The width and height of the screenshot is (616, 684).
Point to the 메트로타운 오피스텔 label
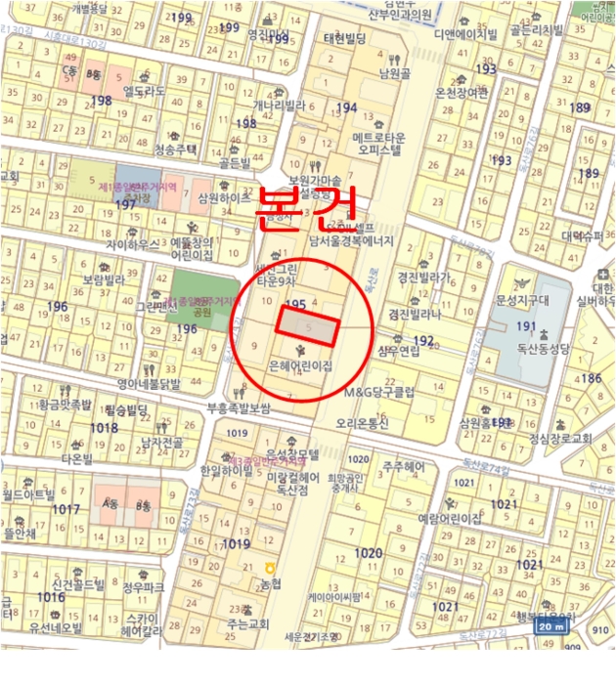377,143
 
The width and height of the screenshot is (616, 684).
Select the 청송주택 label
176,150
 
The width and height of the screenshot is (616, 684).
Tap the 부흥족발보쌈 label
237,408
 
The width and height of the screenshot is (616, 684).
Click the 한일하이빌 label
226,471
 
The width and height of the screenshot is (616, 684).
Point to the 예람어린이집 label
450,518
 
